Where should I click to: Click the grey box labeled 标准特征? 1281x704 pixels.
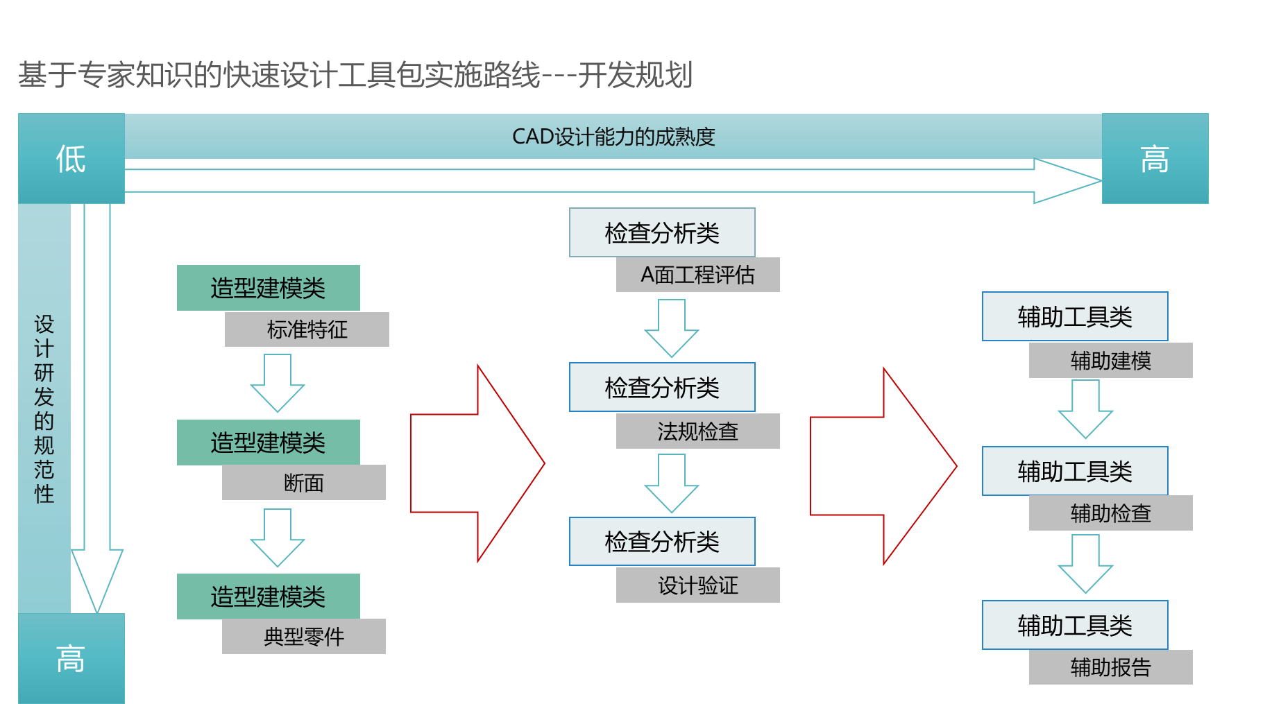[x=307, y=329]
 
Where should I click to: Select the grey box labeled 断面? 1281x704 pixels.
[x=304, y=482]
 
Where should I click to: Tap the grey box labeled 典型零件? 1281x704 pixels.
[x=304, y=636]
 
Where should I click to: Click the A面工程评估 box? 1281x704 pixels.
[x=698, y=275]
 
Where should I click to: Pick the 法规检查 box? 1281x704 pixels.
[x=698, y=431]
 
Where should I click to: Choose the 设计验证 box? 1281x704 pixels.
[x=698, y=585]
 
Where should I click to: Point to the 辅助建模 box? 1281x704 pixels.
[x=1111, y=360]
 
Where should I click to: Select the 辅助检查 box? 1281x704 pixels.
[x=1111, y=513]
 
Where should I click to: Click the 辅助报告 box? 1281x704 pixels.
[x=1111, y=667]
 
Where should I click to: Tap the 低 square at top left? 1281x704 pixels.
[x=71, y=158]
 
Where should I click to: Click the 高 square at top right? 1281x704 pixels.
[x=1155, y=158]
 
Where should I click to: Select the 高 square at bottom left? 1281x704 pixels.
[x=71, y=658]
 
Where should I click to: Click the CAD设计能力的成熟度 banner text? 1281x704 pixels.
[x=613, y=137]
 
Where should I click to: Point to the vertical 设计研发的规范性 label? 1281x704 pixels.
[x=44, y=409]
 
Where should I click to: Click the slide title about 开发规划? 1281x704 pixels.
[x=355, y=75]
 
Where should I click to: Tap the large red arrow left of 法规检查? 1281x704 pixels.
[x=477, y=463]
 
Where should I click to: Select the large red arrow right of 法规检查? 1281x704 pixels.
[x=883, y=466]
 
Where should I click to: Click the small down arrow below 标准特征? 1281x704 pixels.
[x=278, y=383]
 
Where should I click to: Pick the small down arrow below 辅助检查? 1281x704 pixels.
[x=1085, y=564]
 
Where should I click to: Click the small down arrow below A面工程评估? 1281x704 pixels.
[x=672, y=328]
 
